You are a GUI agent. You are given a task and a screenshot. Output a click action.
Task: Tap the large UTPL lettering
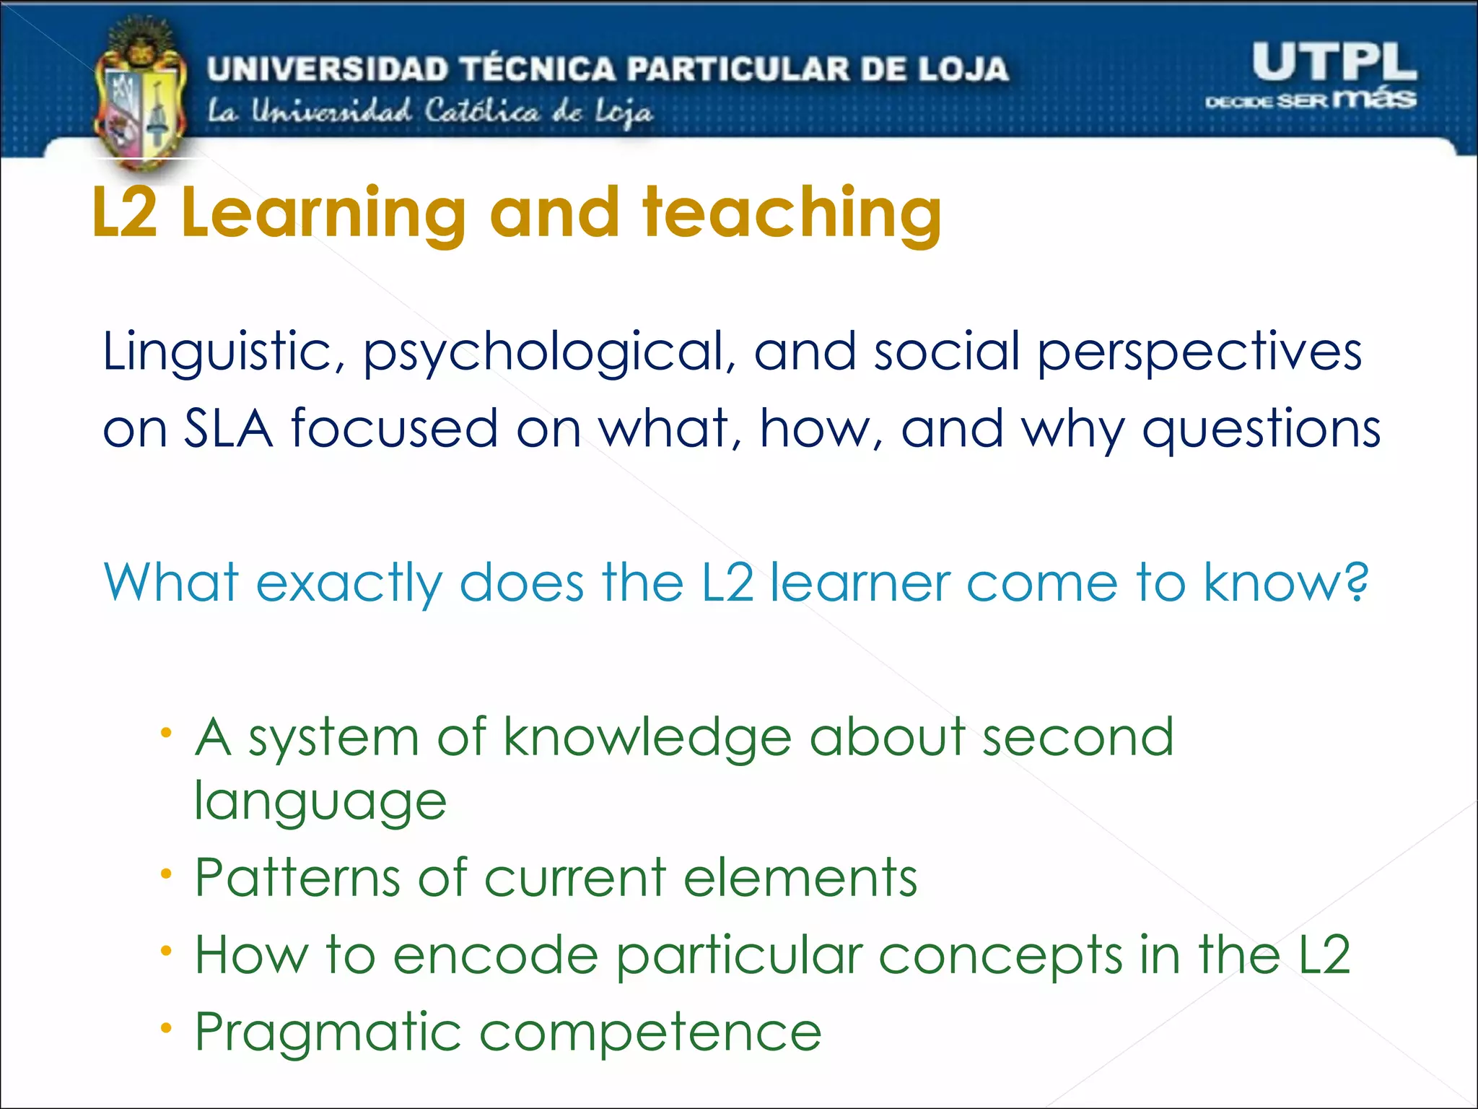pos(1334,62)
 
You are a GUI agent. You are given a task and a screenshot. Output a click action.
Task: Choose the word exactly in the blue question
pos(349,583)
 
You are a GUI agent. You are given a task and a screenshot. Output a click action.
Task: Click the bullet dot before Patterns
pos(167,874)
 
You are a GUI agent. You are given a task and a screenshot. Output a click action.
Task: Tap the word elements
pos(800,879)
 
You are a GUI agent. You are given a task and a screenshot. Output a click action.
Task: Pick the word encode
pos(496,955)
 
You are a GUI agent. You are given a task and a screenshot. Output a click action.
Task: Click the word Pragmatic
pos(328,1033)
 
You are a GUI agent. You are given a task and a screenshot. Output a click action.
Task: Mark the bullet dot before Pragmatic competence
pos(167,1027)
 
